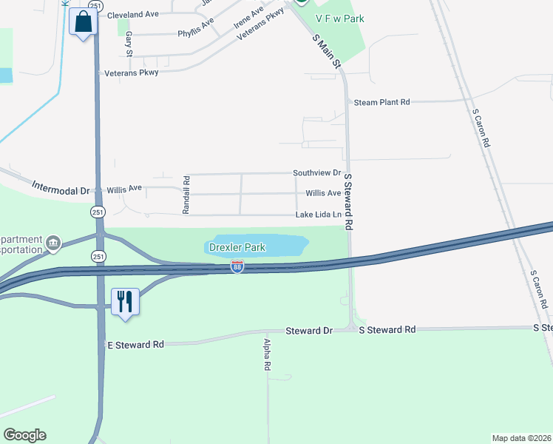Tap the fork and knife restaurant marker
[x=124, y=301]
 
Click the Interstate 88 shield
[x=237, y=266]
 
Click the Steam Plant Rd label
[x=381, y=102]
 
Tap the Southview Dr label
[x=316, y=173]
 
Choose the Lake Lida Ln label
[x=319, y=215]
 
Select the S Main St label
[x=328, y=53]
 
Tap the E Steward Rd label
[x=135, y=345]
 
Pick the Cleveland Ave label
[x=133, y=15]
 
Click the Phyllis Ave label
[x=195, y=29]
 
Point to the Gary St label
[x=129, y=44]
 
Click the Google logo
[x=24, y=435]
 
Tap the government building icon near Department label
[x=52, y=243]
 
